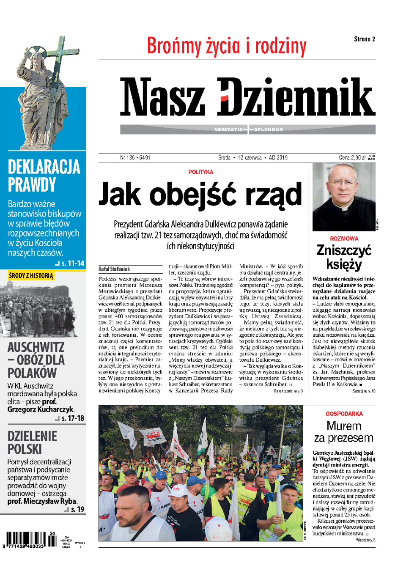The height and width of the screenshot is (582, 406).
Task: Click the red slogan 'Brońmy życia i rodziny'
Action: [226, 47]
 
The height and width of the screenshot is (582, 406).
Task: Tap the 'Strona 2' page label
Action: [364, 39]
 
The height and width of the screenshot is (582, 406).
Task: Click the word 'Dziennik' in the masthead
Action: [296, 97]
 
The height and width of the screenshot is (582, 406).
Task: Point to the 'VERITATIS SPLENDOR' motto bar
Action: [248, 129]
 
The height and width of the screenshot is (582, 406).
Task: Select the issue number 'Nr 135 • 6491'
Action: [135, 158]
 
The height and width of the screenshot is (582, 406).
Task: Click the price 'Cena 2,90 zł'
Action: [352, 158]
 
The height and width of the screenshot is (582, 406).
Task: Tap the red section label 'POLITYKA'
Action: [200, 172]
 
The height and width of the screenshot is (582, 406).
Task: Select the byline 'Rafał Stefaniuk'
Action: [114, 269]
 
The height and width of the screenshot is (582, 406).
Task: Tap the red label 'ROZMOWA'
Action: [344, 239]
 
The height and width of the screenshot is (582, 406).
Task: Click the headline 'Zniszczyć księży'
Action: [344, 257]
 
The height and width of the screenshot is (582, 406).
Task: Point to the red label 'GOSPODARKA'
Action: [344, 414]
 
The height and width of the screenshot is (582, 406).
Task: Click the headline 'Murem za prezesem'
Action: [344, 432]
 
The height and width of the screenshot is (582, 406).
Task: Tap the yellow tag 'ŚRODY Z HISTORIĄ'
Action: [31, 276]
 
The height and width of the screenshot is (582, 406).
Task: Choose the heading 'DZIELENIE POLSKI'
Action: [32, 442]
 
